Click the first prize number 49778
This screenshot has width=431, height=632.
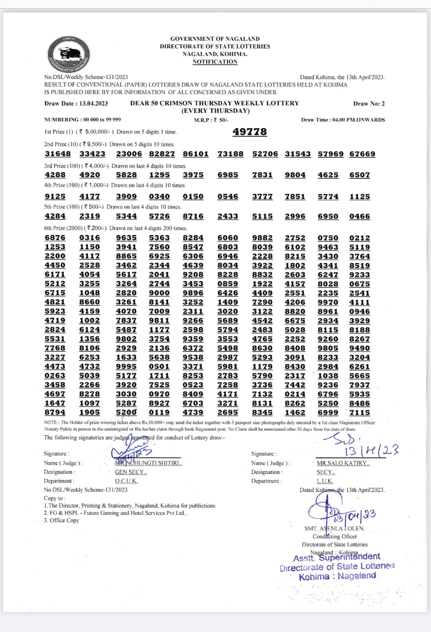pyautogui.click(x=250, y=132)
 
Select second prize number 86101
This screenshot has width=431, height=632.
pyautogui.click(x=196, y=154)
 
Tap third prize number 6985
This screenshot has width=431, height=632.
pyautogui.click(x=228, y=175)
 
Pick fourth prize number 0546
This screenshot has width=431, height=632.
pyautogui.click(x=228, y=196)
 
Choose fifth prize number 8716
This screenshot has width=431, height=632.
pyautogui.click(x=193, y=216)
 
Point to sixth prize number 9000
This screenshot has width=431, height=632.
pyautogui.click(x=159, y=293)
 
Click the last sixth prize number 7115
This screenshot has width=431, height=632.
pyautogui.click(x=360, y=412)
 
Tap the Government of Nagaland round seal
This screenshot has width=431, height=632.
pyautogui.click(x=69, y=54)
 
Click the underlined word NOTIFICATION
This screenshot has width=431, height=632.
pyautogui.click(x=215, y=62)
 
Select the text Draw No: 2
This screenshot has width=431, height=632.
pyautogui.click(x=369, y=104)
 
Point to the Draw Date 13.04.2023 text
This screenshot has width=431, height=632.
pyautogui.click(x=76, y=103)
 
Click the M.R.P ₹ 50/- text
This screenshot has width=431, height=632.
pyautogui.click(x=211, y=120)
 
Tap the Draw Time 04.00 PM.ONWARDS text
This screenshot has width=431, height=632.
pyautogui.click(x=343, y=120)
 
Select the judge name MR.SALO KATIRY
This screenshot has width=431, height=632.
pyautogui.click(x=343, y=463)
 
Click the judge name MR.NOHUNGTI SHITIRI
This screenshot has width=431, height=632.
pyautogui.click(x=149, y=463)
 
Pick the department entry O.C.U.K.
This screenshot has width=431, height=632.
pyautogui.click(x=126, y=481)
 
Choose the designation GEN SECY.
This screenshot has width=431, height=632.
pyautogui.click(x=131, y=472)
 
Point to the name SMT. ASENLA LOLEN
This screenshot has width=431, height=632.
pyautogui.click(x=334, y=528)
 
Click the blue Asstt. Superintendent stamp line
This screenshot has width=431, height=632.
pyautogui.click(x=337, y=557)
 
